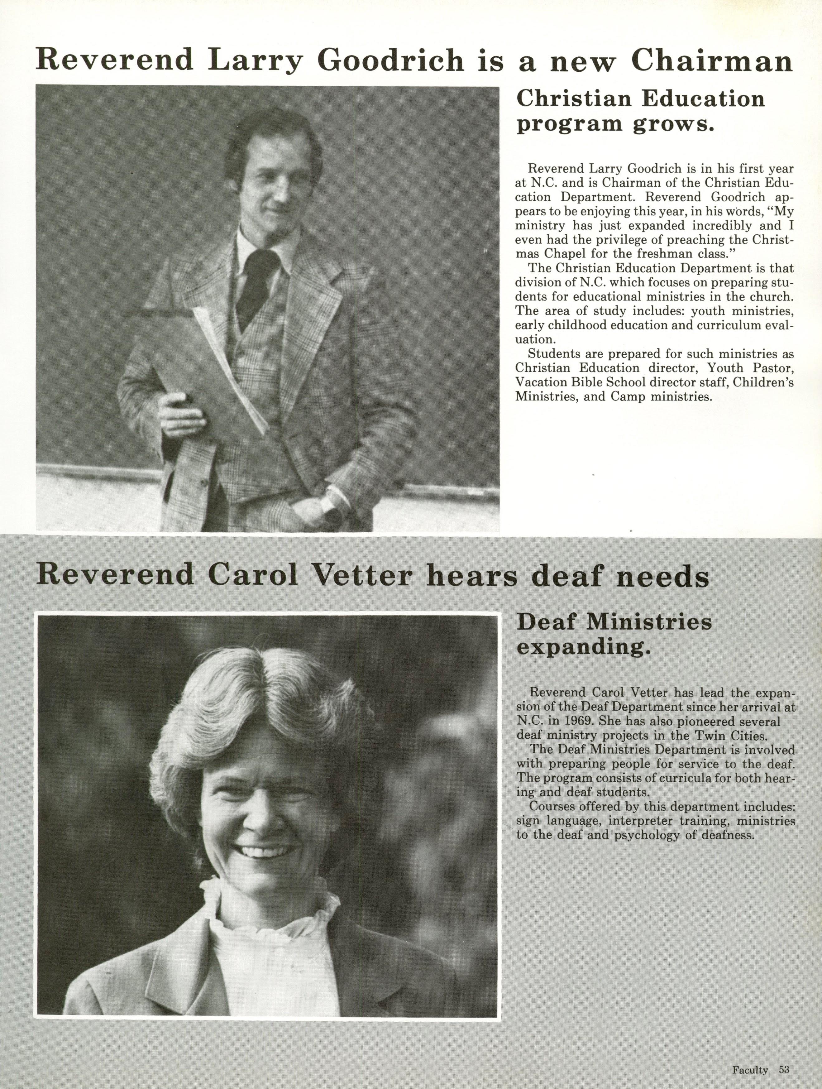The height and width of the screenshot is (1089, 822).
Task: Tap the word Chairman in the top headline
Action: (712, 61)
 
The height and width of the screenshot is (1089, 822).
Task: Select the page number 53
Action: (784, 1066)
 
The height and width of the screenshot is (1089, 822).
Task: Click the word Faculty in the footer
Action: (750, 1066)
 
